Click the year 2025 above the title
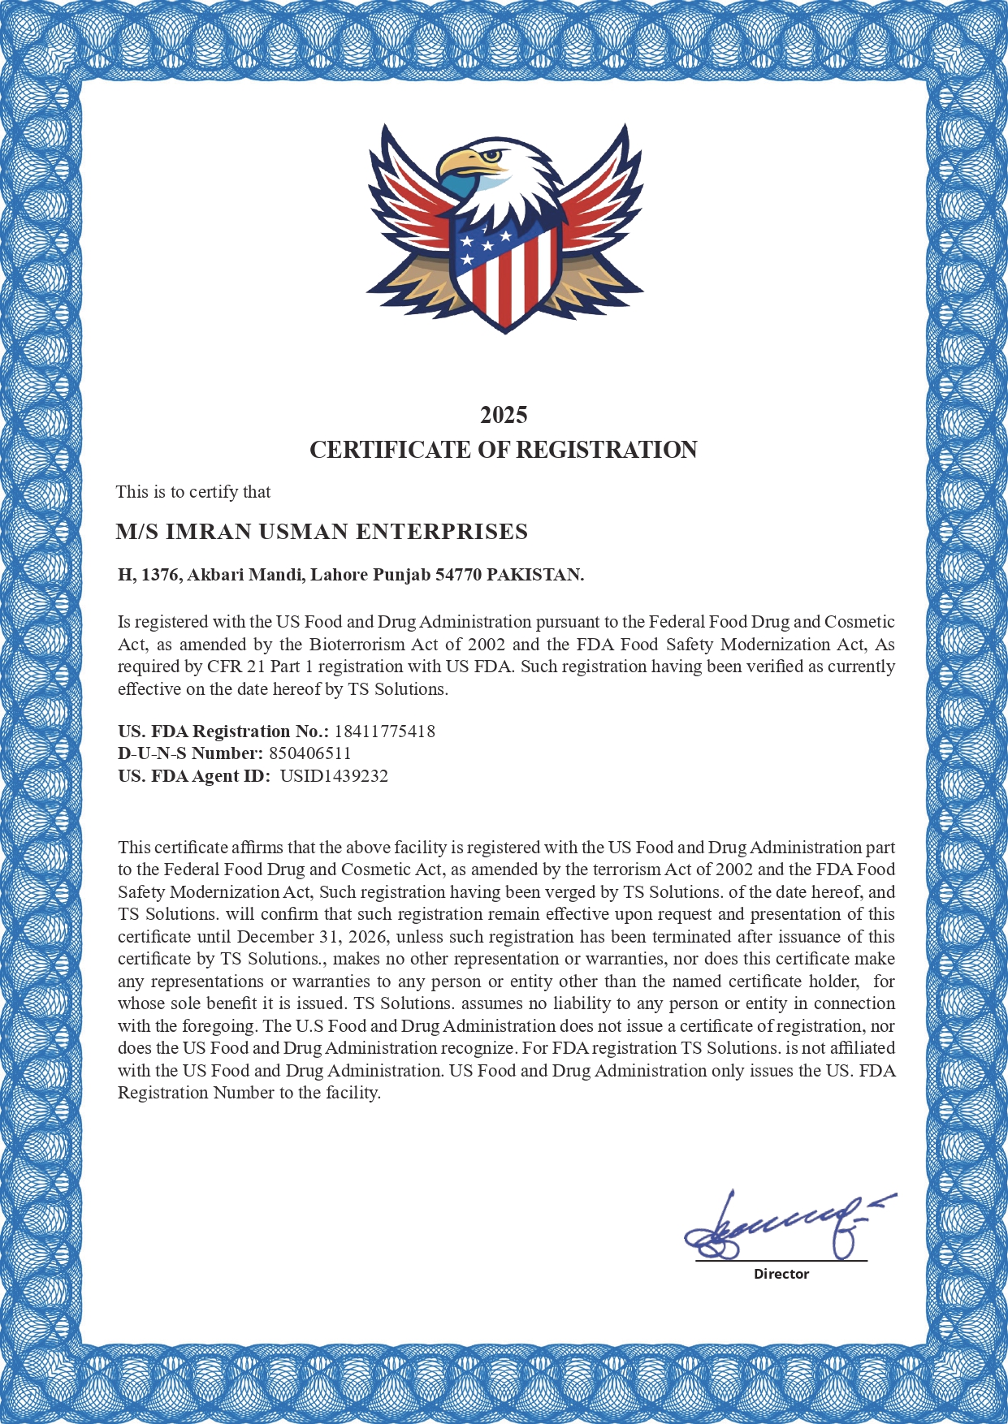504,415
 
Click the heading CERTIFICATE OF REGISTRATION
504,450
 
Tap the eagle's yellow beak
461,162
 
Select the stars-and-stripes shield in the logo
505,272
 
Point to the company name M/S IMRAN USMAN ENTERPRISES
322,532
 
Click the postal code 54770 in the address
458,575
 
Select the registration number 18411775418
384,731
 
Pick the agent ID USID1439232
334,775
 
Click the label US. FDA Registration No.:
223,731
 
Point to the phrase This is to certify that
193,492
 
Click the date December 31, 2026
312,936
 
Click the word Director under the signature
781,1274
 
